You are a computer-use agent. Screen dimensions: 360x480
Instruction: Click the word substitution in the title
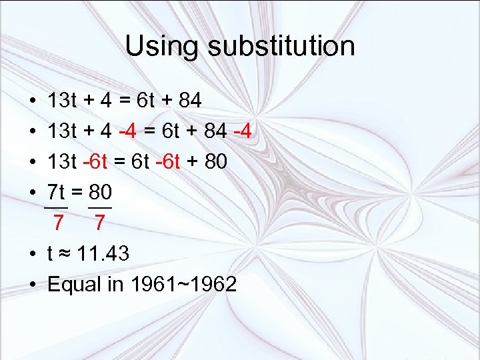tap(281, 47)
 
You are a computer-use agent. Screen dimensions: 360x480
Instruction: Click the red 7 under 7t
tap(59, 223)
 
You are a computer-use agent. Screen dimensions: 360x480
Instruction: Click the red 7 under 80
tap(99, 223)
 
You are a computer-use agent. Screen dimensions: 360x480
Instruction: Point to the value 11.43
tap(103, 253)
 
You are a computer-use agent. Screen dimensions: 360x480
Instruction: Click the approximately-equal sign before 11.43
tap(65, 254)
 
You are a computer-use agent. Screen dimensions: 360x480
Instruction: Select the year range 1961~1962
tap(183, 284)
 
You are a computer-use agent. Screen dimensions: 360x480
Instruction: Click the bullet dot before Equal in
tap(33, 285)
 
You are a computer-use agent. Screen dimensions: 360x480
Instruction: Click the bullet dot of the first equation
tap(33, 101)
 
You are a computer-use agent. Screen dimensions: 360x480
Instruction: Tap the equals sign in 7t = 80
tap(77, 193)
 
